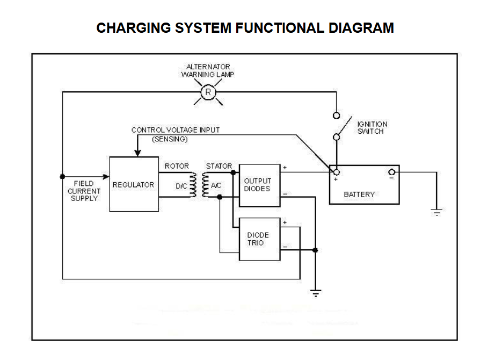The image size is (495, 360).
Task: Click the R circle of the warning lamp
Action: [x=208, y=93]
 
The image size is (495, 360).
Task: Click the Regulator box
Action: [x=133, y=184]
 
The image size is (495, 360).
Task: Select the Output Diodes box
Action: [x=259, y=185]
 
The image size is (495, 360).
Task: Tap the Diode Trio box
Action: [x=259, y=239]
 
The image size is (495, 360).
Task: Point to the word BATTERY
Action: [x=359, y=195]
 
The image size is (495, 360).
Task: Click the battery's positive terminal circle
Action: [x=337, y=172]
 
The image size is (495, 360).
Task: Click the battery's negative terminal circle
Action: [x=392, y=172]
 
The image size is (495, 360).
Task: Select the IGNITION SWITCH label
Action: [x=372, y=128]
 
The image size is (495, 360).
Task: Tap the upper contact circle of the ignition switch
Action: [x=336, y=116]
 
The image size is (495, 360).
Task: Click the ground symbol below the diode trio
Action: [x=316, y=293]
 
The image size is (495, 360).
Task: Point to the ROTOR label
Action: [x=177, y=166]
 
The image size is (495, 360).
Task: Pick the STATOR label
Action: [x=219, y=166]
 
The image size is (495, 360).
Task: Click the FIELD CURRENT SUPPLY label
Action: [x=84, y=191]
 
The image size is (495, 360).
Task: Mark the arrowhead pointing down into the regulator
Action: [x=137, y=153]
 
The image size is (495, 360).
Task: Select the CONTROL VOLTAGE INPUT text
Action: [x=176, y=130]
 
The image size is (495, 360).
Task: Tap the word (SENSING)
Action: [x=170, y=139]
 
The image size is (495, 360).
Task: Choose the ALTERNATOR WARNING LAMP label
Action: [x=208, y=70]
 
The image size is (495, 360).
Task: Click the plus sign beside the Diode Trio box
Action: [x=285, y=222]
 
